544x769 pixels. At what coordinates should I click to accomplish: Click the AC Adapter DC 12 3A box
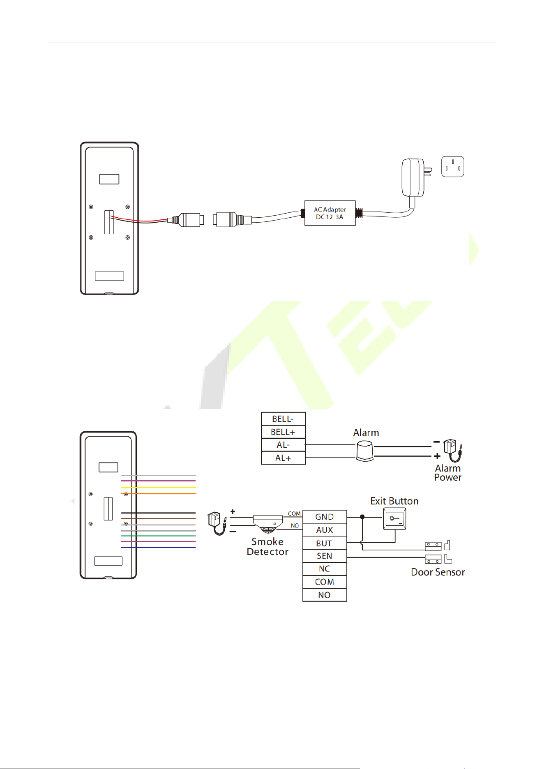[330, 213]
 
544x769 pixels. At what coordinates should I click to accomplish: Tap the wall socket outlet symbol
[453, 166]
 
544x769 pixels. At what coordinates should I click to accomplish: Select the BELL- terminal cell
[283, 419]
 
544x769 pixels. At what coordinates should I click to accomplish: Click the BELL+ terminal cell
[283, 432]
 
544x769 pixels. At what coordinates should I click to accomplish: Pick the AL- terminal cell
[283, 445]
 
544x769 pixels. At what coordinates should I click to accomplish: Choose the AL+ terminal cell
[283, 458]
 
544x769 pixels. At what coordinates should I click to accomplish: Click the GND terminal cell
[325, 517]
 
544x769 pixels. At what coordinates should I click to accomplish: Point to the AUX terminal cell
[325, 530]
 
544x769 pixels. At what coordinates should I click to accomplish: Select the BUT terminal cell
[325, 543]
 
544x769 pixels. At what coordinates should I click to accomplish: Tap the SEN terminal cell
[325, 556]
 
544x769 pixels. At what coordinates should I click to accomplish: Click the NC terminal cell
[325, 569]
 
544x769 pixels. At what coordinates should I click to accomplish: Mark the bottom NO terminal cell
[325, 595]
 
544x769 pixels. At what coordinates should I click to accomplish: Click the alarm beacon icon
[364, 451]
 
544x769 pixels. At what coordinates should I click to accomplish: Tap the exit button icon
[394, 519]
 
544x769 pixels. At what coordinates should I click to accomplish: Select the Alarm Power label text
[448, 473]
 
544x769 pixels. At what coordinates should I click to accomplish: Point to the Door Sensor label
[438, 572]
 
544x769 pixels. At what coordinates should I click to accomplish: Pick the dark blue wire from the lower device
[159, 547]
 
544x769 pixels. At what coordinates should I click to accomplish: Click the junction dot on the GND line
[362, 517]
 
